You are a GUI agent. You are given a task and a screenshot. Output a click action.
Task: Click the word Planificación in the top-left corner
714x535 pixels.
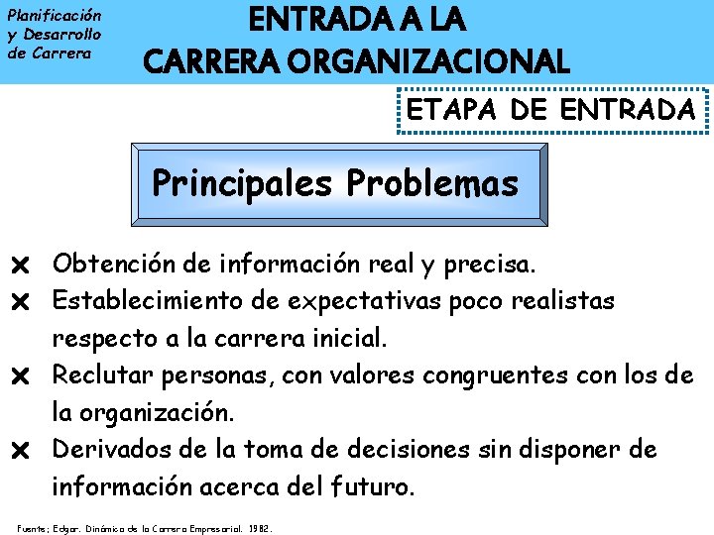coord(54,16)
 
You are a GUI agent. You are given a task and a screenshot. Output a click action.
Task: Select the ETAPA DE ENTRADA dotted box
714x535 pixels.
coord(552,111)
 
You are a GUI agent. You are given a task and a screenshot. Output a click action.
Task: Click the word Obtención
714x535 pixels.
coord(109,264)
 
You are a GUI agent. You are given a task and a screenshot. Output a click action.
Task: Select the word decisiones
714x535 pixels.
coord(406,449)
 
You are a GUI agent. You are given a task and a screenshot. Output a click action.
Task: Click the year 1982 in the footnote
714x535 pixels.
coord(260,527)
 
